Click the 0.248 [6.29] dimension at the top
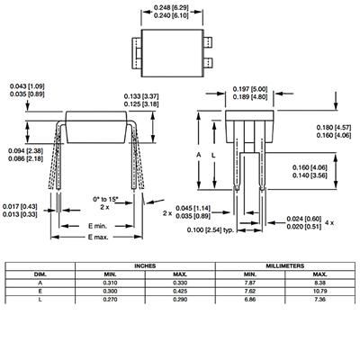click(x=171, y=7)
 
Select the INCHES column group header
click(x=145, y=266)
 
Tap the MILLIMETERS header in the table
click(x=284, y=266)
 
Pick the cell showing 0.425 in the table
click(x=180, y=292)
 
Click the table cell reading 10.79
click(x=319, y=292)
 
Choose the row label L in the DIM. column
click(x=40, y=300)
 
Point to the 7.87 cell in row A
click(x=250, y=283)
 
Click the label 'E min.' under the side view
click(x=97, y=226)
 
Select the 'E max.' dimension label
click(x=98, y=237)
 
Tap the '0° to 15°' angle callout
click(x=105, y=199)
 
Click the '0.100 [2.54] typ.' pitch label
click(x=211, y=230)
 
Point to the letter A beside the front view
click(x=199, y=155)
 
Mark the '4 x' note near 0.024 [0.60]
click(x=329, y=223)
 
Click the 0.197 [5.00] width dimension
click(x=250, y=89)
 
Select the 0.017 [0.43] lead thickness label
click(x=20, y=206)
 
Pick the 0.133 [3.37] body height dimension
click(x=141, y=96)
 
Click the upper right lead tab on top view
click(x=208, y=41)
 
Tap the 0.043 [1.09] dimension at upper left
click(x=27, y=86)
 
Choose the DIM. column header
click(x=40, y=274)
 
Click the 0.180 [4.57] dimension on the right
click(x=334, y=127)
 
